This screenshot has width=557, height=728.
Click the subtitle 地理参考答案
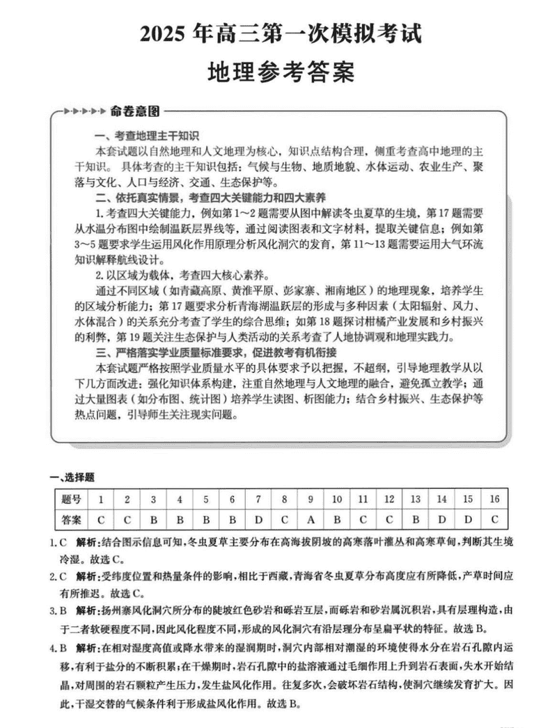click(278, 72)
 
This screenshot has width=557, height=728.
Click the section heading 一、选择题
click(72, 477)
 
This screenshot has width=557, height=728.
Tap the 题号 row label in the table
click(71, 499)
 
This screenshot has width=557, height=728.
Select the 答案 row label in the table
click(71, 519)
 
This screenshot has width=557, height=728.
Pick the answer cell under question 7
click(258, 519)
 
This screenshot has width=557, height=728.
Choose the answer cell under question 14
click(441, 519)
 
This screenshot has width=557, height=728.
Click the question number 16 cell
click(494, 499)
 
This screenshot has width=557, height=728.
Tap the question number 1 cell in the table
click(101, 499)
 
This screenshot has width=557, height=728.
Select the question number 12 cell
click(389, 499)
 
